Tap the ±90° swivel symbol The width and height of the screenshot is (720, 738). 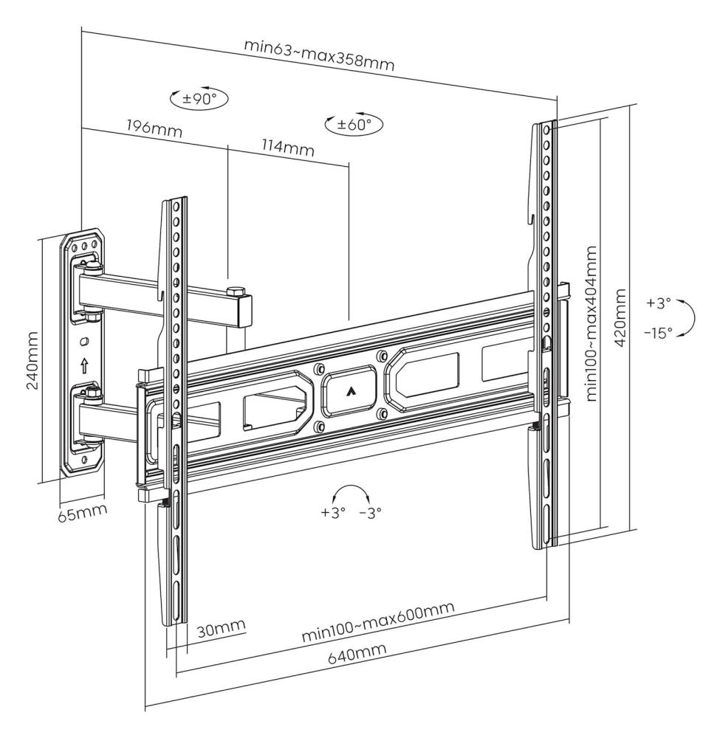pyautogui.click(x=199, y=100)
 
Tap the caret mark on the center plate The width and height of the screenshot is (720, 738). pyautogui.click(x=349, y=391)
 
